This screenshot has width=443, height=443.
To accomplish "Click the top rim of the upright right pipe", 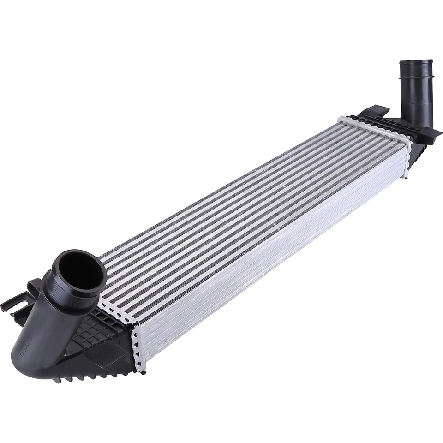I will (x=416, y=64).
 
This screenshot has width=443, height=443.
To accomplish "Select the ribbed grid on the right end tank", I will (x=392, y=122).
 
